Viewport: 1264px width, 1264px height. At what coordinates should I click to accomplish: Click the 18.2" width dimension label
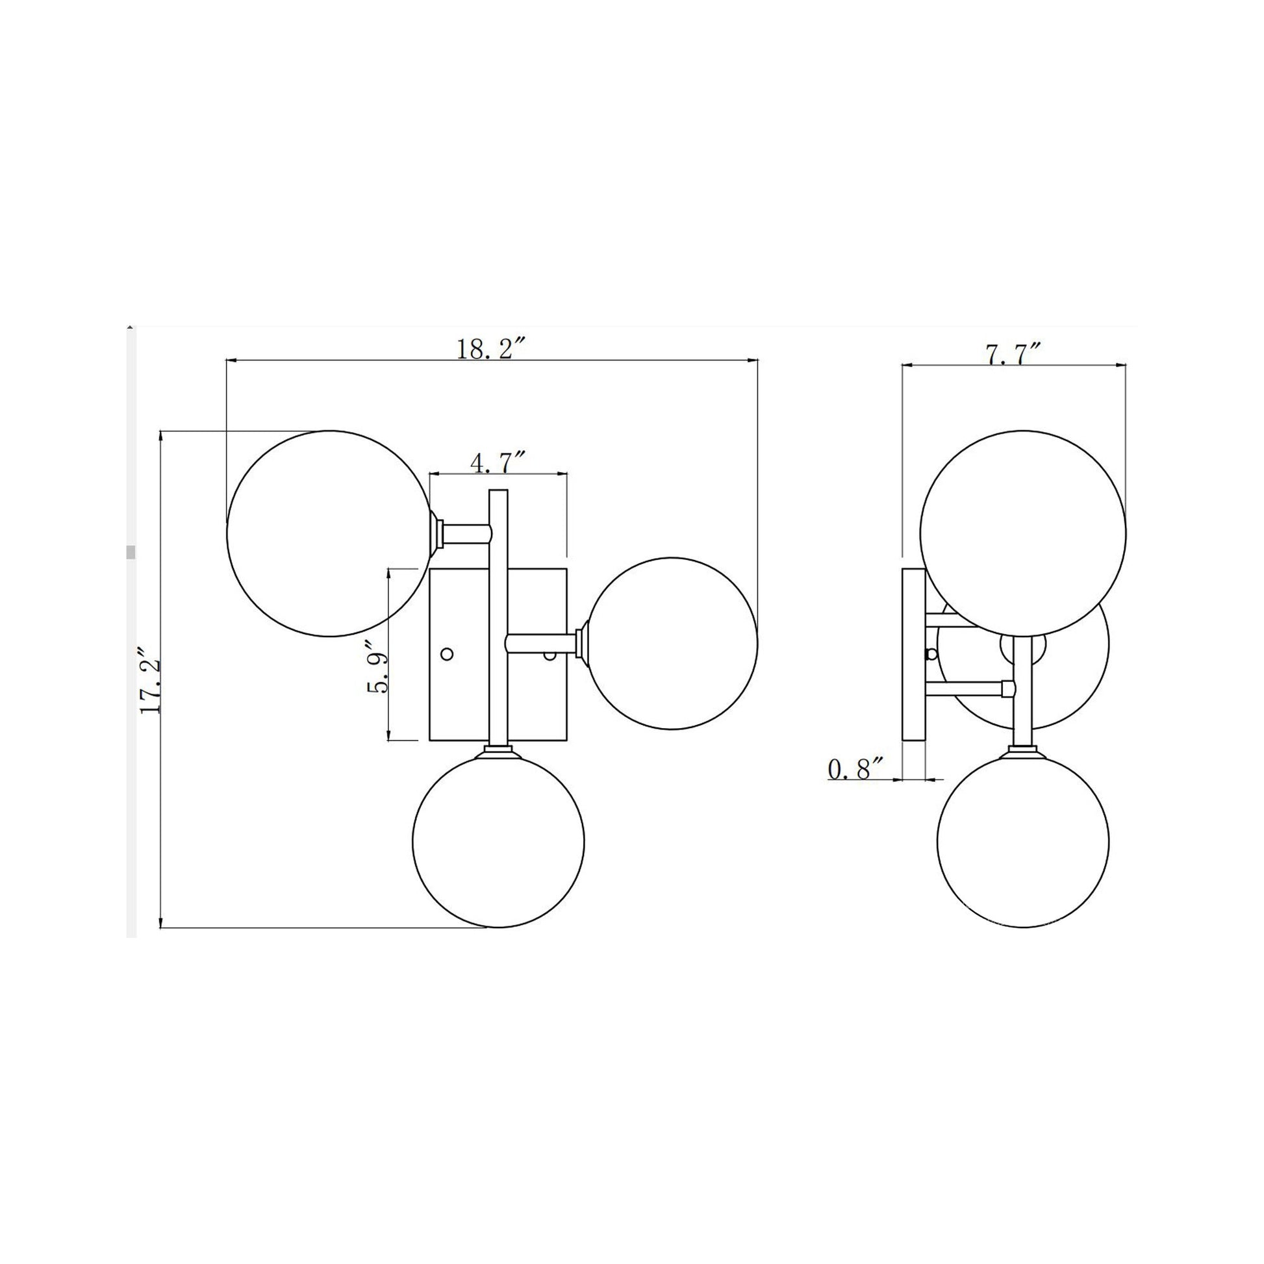[491, 349]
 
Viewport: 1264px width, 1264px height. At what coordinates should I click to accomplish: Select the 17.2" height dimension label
[151, 681]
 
